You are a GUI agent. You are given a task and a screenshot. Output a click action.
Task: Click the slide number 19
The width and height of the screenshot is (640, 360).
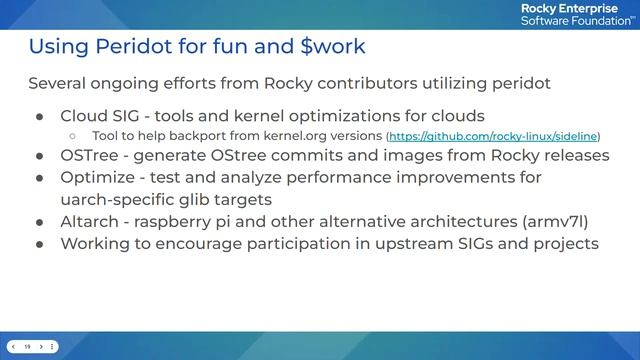[x=28, y=346]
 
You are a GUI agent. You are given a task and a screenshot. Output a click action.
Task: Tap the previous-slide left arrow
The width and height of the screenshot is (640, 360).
[x=12, y=346]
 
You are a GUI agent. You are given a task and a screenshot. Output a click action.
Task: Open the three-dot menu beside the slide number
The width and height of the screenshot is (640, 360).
[x=54, y=346]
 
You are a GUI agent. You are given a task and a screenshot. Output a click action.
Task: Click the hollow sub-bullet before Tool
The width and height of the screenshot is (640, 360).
[x=72, y=135]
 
